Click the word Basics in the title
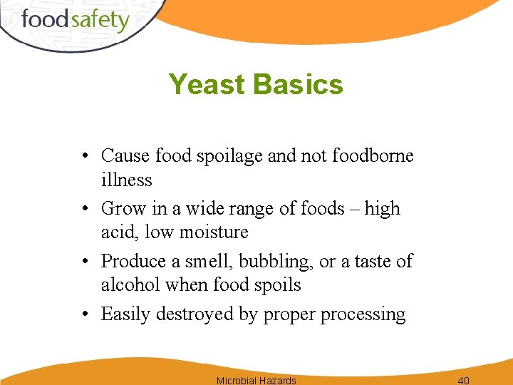pyautogui.click(x=298, y=85)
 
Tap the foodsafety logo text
pyautogui.click(x=75, y=19)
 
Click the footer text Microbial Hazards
pyautogui.click(x=256, y=380)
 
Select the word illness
pyautogui.click(x=126, y=180)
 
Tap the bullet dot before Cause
pyautogui.click(x=85, y=156)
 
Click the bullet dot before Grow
pyautogui.click(x=85, y=209)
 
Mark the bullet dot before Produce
pyautogui.click(x=85, y=262)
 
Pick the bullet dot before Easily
pyautogui.click(x=85, y=314)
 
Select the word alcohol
pyautogui.click(x=130, y=285)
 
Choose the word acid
pyautogui.click(x=117, y=232)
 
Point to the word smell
pyautogui.click(x=208, y=262)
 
